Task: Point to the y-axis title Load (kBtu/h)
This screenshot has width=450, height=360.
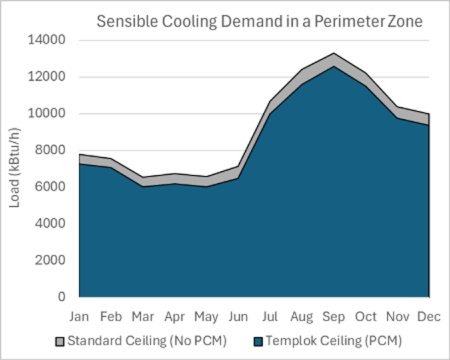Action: (x=15, y=169)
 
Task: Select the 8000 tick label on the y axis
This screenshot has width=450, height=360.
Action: (x=49, y=150)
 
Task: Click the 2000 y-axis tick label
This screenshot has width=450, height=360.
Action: (x=49, y=260)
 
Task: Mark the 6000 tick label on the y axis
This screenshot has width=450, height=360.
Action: (x=49, y=187)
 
